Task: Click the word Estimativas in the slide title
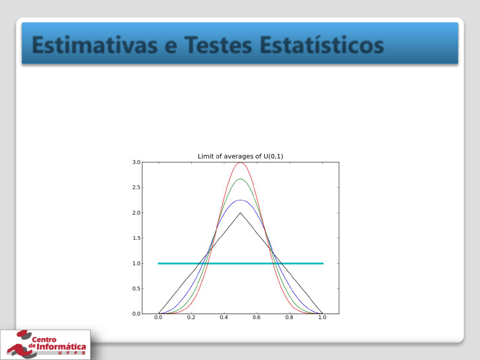[x=95, y=45]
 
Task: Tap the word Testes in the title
[x=218, y=45]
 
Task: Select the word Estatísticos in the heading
[x=322, y=45]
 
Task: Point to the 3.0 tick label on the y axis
[x=136, y=162]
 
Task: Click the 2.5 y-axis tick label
[x=136, y=187]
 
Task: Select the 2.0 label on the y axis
[x=136, y=213]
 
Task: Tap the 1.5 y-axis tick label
[x=136, y=238]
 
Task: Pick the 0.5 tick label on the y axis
[x=136, y=289]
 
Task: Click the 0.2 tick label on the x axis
[x=191, y=317]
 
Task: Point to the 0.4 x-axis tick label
[x=224, y=317]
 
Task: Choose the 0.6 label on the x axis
[x=257, y=317]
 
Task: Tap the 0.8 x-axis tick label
[x=289, y=317]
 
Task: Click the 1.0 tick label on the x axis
[x=322, y=317]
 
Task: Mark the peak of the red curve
[x=241, y=162]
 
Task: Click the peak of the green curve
[x=241, y=179]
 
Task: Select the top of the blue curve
[x=241, y=200]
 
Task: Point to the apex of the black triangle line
[x=241, y=213]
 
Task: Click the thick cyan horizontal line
[x=241, y=263]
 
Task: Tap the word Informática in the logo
[x=61, y=347]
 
